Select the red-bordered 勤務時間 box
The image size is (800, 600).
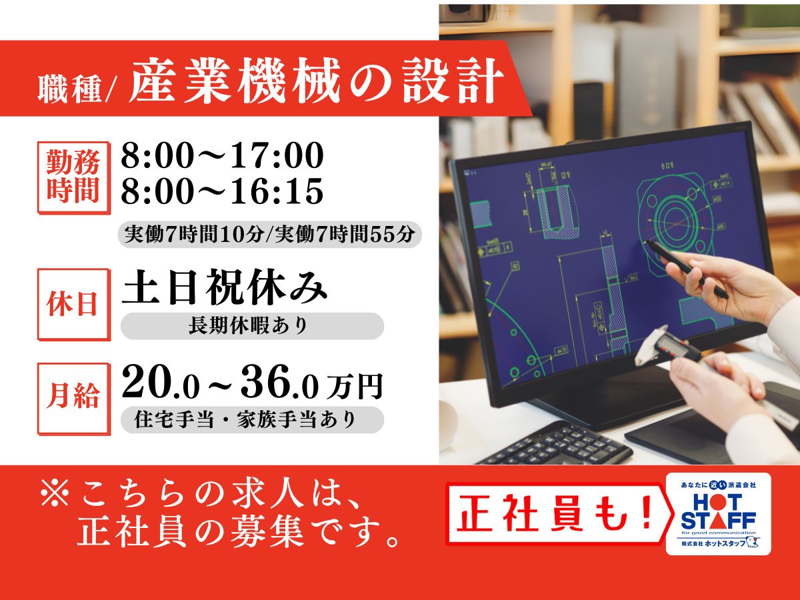point(73,177)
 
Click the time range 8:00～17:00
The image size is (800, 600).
point(222,156)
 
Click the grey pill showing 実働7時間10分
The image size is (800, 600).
point(270,235)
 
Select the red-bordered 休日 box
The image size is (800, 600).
point(73,305)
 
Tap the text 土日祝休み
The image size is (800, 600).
point(224,287)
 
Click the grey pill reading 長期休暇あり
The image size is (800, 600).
point(252,326)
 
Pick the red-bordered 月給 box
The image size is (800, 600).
point(73,399)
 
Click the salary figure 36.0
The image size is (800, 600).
point(279,386)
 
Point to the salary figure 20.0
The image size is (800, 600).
point(161,386)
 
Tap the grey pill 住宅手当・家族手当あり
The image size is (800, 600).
point(252,420)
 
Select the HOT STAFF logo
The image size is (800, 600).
point(719,514)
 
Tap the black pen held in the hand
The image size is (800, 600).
point(687,269)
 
